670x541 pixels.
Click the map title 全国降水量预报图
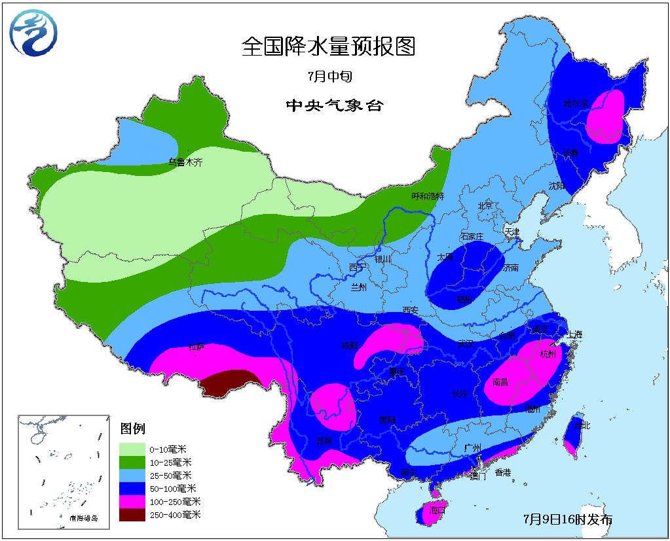click(328, 46)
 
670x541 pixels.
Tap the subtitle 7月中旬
click(330, 77)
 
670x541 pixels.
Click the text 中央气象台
click(333, 105)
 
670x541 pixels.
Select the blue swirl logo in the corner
click(33, 33)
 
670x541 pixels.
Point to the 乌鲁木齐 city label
click(185, 162)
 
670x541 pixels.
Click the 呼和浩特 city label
click(427, 196)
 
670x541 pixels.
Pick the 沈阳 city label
click(556, 185)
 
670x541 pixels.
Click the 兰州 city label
click(358, 288)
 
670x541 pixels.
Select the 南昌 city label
click(499, 382)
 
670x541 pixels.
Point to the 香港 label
click(503, 472)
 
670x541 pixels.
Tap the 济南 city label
click(510, 268)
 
